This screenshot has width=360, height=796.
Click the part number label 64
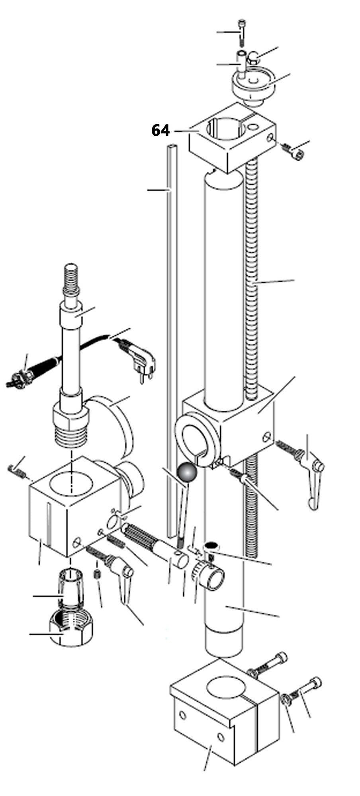pyautogui.click(x=160, y=131)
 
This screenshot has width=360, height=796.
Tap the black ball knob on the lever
pyautogui.click(x=188, y=472)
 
